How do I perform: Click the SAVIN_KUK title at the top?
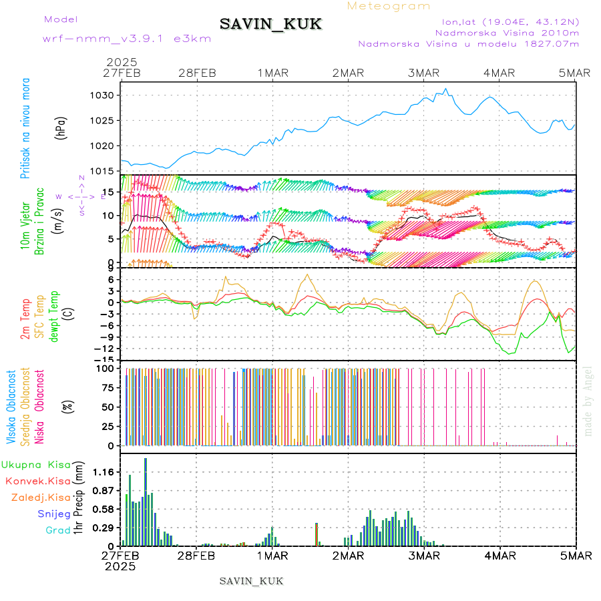coord(270,25)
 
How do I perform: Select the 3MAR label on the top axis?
coord(424,73)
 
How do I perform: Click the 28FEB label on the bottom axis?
coord(196,555)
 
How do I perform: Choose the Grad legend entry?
coord(57,530)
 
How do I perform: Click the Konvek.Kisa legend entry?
coord(37,481)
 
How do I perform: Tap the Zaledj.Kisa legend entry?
coord(40,497)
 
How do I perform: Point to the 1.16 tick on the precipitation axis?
coord(103,472)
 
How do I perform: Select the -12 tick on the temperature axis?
coord(104,349)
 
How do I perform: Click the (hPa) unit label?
coord(61,128)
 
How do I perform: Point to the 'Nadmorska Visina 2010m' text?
coord(507,32)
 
